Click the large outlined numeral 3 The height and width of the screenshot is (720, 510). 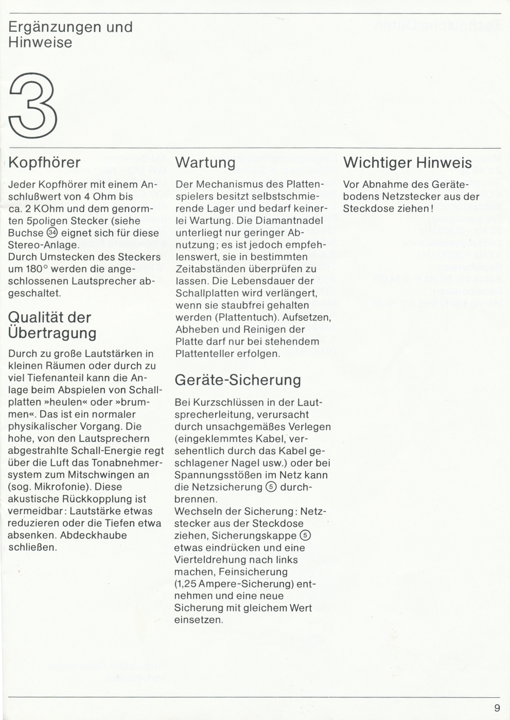(x=32, y=105)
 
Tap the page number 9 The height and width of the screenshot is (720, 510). (x=497, y=708)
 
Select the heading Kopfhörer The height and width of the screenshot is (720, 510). (x=45, y=163)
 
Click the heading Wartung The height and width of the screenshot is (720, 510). (x=205, y=163)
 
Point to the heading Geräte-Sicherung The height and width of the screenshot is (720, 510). (x=238, y=380)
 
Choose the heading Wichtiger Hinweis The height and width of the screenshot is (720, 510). (x=407, y=163)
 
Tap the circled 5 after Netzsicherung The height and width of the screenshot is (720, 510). (x=271, y=487)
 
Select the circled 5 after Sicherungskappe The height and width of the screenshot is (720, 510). (x=305, y=535)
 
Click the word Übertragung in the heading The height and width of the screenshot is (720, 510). (x=52, y=333)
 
